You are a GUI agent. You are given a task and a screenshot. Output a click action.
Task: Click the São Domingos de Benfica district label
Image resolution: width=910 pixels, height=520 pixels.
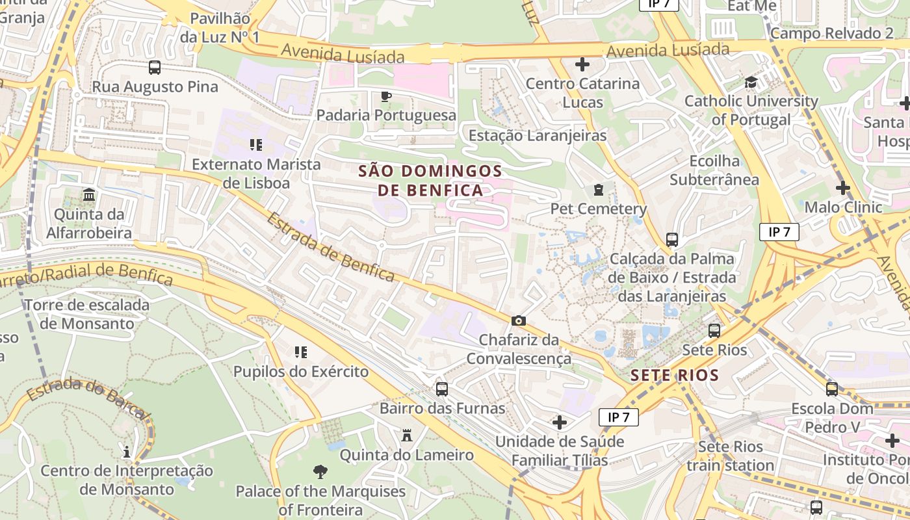coord(430,181)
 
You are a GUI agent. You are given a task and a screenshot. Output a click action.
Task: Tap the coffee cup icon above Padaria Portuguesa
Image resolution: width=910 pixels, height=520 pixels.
coord(385,97)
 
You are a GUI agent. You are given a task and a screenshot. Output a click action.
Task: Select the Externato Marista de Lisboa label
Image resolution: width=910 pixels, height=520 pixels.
coord(256,174)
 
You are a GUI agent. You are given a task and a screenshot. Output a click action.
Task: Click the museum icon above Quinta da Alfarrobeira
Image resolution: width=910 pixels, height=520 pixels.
coord(89,195)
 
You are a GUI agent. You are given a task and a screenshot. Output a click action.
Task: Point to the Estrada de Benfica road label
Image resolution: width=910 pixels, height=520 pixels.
coord(330,248)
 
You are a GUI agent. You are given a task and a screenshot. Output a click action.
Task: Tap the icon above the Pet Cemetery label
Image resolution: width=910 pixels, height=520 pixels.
coord(598,190)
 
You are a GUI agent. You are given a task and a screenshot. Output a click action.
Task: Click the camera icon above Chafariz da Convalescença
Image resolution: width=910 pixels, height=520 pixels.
coord(519,320)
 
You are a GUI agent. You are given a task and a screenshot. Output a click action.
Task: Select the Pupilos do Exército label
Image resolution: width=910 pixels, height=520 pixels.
coord(301,372)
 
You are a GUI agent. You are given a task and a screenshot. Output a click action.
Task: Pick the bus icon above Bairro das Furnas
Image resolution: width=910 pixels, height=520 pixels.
coord(442,389)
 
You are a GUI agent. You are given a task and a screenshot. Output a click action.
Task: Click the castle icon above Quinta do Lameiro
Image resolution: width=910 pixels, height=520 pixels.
coord(407,435)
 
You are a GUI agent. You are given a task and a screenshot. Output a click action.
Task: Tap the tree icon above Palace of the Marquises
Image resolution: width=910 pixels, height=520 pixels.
coord(320,472)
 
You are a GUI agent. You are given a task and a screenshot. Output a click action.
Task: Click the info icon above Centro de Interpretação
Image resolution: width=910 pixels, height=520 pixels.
coord(127,451)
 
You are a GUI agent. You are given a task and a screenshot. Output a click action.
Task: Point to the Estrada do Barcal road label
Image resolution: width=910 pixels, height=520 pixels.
coord(88,397)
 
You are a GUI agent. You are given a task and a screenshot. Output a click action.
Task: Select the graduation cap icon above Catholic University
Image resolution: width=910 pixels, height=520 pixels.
coord(751,83)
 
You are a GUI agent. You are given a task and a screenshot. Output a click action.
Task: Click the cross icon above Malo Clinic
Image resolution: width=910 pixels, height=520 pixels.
coord(842,188)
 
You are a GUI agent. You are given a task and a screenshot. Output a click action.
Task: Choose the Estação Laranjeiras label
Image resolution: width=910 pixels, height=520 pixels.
coord(538,136)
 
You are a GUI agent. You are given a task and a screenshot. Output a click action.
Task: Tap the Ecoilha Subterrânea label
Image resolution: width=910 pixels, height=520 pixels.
coord(714,170)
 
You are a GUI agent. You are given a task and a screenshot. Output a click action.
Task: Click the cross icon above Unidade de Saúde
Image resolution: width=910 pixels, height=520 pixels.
coord(559,422)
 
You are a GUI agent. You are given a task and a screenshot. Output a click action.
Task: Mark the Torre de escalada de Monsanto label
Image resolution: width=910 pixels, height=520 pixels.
coord(86,314)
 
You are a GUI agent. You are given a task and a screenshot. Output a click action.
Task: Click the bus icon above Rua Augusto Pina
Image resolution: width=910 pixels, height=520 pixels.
coord(154,68)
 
